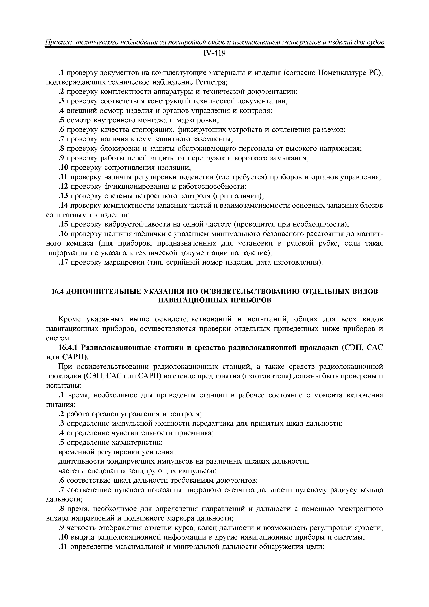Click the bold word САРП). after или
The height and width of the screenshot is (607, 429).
[76, 357]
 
